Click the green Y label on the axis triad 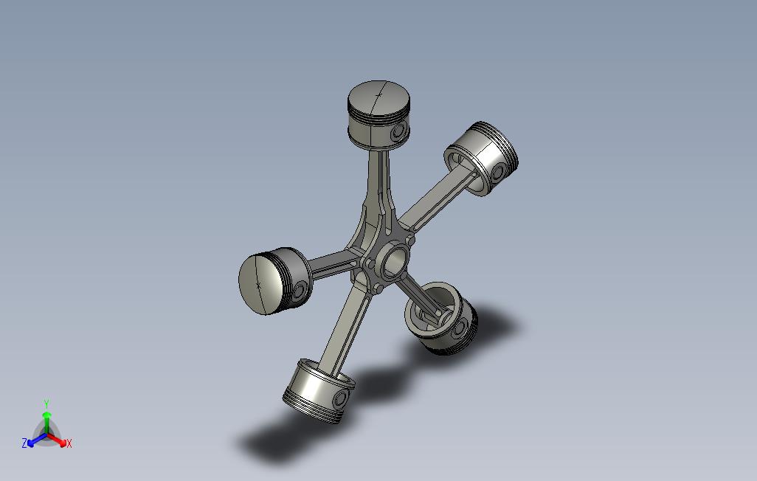point(46,404)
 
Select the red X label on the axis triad point(69,443)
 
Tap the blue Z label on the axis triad point(24,443)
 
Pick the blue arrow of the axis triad point(34,441)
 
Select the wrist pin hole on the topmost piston point(400,133)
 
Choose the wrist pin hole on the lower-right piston point(462,328)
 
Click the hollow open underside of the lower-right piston point(430,313)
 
